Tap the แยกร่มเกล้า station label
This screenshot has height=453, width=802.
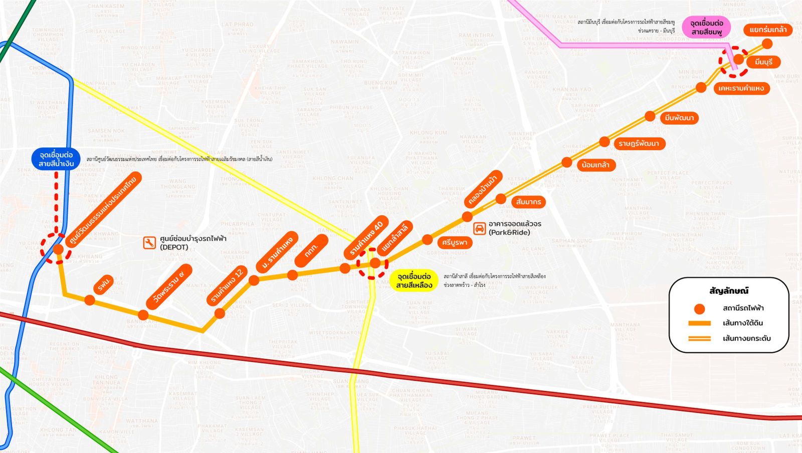768,30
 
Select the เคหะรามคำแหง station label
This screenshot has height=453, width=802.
741,89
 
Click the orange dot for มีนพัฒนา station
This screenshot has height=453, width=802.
650,116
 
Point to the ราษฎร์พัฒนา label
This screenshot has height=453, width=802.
639,144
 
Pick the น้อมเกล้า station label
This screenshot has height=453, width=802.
595,165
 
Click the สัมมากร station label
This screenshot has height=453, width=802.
528,202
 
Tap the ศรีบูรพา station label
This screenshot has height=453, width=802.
455,243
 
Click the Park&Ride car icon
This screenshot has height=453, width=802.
480,229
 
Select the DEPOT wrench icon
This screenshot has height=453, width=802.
149,243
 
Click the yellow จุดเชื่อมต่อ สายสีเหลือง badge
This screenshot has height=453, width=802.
414,281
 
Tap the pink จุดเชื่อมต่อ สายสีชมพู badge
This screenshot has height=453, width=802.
706,28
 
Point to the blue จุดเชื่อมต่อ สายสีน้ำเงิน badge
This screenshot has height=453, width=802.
56,159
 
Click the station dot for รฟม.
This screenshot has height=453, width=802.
90,300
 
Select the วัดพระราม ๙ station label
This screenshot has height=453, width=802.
169,286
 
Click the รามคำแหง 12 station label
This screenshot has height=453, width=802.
228,286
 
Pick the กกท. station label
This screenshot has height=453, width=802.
311,250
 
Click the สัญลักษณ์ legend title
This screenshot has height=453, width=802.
729,291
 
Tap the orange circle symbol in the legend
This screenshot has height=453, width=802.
699,309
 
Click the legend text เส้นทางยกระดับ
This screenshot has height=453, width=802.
746,339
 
